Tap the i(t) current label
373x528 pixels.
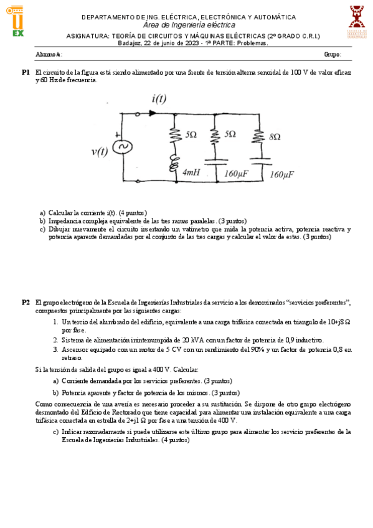(159, 100)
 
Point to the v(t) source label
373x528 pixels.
(100, 151)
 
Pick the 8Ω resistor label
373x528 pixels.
(275, 136)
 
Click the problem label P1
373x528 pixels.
(26, 73)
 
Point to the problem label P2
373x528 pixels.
(26, 302)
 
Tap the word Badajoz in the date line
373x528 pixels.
(130, 43)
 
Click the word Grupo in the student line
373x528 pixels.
(332, 55)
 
